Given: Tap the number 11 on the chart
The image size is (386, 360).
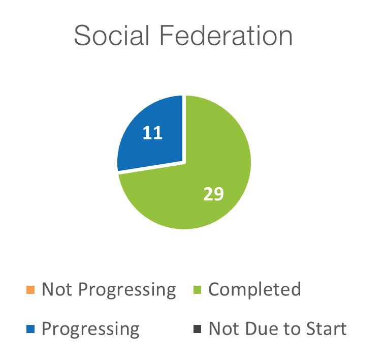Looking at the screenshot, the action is point(153,133).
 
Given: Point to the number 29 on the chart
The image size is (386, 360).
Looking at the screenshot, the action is point(214,194).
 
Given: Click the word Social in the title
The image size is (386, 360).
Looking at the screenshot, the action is point(112,35).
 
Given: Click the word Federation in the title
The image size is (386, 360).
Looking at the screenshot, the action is point(226,35).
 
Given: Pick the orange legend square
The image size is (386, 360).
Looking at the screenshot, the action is point(30,290).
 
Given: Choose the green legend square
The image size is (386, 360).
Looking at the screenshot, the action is point(198,290).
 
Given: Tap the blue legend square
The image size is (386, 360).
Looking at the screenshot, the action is point(30,329).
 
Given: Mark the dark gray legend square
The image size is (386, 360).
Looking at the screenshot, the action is point(198,329).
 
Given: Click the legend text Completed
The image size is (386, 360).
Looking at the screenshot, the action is point(254,289).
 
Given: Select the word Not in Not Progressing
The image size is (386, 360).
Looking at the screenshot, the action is point(57,289).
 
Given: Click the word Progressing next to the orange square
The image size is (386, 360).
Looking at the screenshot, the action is point(127,290).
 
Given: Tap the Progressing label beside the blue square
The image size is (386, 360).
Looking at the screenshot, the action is point(90,329).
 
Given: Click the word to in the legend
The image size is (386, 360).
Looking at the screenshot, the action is point(292,329).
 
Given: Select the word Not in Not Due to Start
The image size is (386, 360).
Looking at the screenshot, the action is point(224,328).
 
